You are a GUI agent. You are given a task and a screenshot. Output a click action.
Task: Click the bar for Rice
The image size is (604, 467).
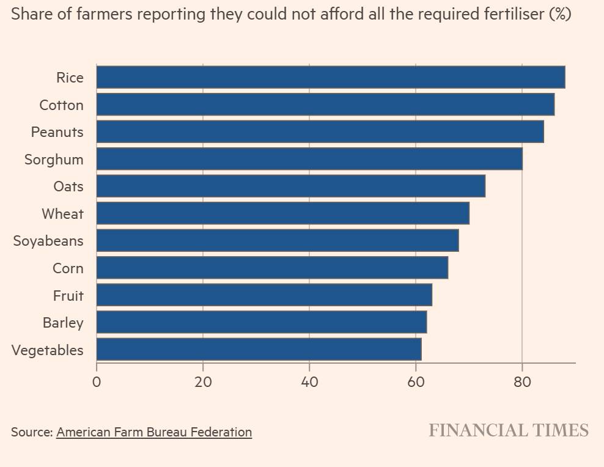(330, 78)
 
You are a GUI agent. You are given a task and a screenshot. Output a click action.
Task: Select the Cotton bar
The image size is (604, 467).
(325, 105)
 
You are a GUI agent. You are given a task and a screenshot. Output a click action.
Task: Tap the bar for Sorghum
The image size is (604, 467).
(309, 159)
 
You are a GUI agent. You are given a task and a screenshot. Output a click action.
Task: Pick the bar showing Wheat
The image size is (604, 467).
(282, 213)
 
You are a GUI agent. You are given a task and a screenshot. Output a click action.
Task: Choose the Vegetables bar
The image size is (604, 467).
(259, 350)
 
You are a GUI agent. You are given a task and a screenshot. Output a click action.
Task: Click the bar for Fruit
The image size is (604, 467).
(264, 295)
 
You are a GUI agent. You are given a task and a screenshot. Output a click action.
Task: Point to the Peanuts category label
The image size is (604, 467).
(57, 132)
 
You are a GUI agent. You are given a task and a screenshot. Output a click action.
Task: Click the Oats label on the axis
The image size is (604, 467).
(68, 186)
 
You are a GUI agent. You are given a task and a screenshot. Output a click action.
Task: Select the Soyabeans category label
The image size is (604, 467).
(48, 241)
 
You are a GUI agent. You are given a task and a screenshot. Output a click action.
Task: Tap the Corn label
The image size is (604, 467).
(68, 268)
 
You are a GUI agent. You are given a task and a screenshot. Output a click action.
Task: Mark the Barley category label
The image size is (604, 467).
(62, 323)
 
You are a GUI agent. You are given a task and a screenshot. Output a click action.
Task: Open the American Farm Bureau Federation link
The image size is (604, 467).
(154, 432)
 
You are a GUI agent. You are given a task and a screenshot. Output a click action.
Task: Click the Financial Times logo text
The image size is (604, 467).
(508, 430)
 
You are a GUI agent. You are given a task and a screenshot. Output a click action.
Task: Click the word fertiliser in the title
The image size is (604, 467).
(513, 14)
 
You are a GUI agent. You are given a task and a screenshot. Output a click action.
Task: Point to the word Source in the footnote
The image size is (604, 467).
(31, 432)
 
